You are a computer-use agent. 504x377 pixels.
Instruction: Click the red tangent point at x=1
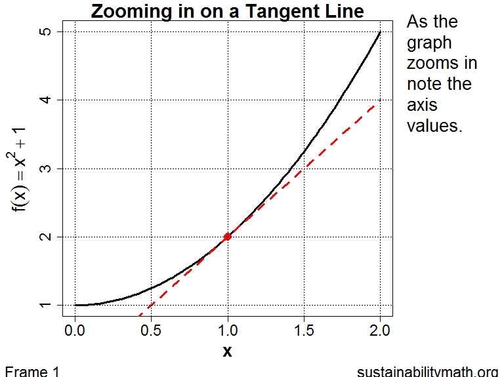[x=228, y=237]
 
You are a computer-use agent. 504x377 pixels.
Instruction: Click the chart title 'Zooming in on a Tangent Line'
[x=227, y=11]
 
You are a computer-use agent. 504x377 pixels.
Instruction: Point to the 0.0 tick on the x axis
[x=75, y=329]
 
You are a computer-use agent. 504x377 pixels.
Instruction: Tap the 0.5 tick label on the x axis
[x=152, y=329]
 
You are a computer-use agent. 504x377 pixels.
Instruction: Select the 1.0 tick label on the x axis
[x=228, y=329]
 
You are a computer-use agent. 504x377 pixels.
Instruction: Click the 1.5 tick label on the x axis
[x=304, y=329]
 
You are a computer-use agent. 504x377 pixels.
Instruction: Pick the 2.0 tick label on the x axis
[x=380, y=329]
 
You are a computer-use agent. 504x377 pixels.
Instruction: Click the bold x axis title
[x=227, y=351]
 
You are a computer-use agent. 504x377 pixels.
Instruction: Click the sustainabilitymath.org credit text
[x=428, y=371]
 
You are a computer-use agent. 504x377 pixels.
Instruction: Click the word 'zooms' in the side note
[x=442, y=64]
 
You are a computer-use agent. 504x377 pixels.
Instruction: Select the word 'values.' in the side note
[x=434, y=125]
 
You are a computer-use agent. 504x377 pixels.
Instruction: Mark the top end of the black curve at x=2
[x=380, y=32]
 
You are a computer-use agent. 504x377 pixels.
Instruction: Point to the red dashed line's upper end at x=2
[x=379, y=100]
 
